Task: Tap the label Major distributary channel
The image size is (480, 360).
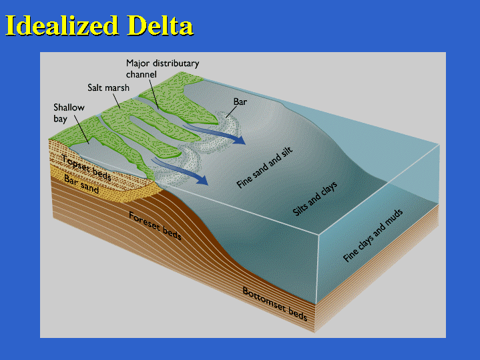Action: coord(162,69)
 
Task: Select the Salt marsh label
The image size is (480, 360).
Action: coord(107,87)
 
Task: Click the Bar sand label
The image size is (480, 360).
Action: coord(81,184)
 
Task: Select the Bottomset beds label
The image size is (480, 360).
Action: coord(274,303)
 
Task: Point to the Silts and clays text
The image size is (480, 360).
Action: coord(315,198)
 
